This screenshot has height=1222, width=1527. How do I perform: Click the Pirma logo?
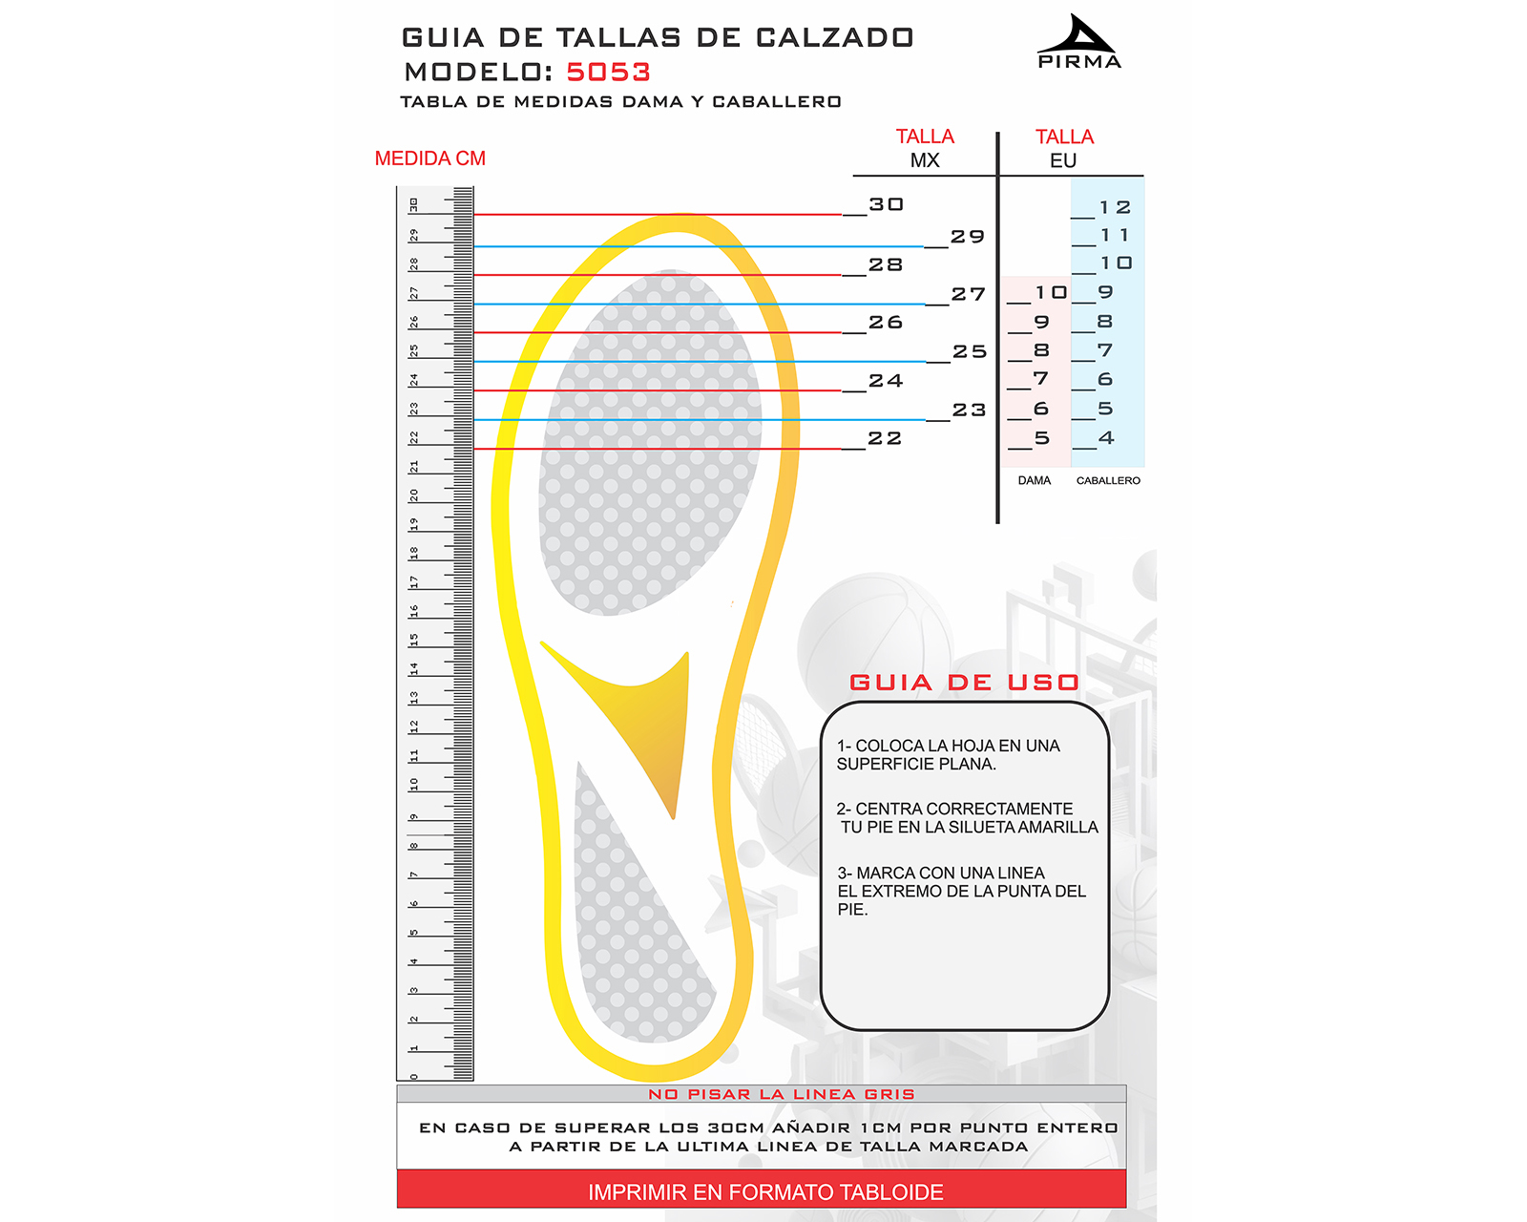click(x=1078, y=42)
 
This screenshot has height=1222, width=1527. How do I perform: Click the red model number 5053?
click(x=608, y=73)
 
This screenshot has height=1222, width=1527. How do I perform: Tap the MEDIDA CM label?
click(x=429, y=158)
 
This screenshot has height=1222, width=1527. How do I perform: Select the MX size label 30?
click(x=886, y=204)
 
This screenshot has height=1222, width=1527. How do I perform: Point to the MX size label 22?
click(x=885, y=438)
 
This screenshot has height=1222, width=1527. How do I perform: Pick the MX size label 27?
click(x=968, y=294)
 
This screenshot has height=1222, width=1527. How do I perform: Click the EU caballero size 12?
click(x=1115, y=207)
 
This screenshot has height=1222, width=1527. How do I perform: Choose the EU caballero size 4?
click(x=1106, y=438)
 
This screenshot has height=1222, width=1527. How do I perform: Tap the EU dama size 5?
click(x=1042, y=438)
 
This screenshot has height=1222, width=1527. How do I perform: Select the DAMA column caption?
click(x=1034, y=480)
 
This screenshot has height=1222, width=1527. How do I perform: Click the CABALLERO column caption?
click(x=1108, y=480)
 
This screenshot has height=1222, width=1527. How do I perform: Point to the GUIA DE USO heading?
click(x=964, y=683)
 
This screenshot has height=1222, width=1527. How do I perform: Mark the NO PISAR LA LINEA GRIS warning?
click(x=781, y=1094)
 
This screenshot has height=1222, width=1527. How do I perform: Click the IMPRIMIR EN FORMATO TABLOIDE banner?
click(x=765, y=1191)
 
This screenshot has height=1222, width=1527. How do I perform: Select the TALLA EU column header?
click(x=1064, y=148)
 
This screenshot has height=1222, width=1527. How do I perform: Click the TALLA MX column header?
click(x=925, y=148)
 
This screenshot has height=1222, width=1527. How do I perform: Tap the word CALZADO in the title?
click(x=834, y=38)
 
